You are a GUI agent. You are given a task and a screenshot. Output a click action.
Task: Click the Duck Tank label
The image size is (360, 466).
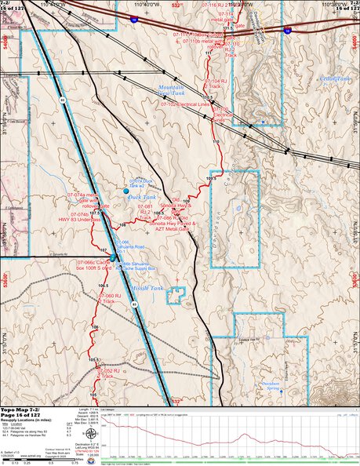[143, 198]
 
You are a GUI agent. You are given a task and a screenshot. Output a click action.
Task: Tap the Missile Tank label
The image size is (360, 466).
[148, 288]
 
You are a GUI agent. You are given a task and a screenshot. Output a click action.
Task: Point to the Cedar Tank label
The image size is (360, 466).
[335, 79]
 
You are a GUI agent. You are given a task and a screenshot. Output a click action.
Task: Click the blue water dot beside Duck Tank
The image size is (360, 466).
[126, 191]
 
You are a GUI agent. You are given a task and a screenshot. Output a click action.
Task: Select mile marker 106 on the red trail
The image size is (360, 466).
[96, 326]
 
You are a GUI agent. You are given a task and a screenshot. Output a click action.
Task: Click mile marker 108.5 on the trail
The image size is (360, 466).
[158, 213]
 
